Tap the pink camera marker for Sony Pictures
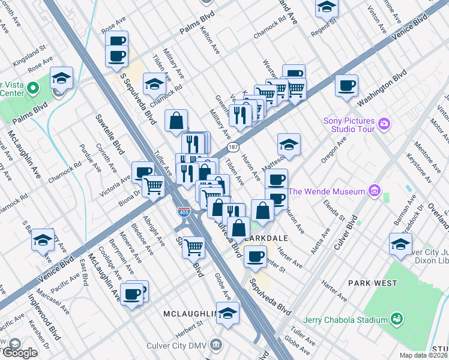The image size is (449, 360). point(384,125)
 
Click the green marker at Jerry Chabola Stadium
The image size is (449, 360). point(396,319)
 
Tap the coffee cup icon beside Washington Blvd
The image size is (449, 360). point(346,85)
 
